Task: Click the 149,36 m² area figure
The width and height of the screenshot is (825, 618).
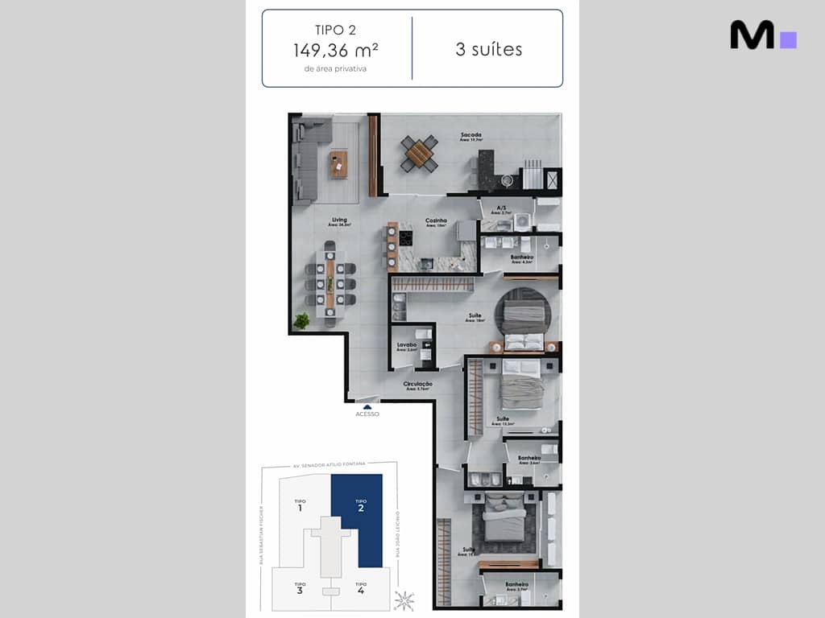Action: pyautogui.click(x=336, y=50)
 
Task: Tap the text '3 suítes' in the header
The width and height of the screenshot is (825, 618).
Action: pyautogui.click(x=488, y=49)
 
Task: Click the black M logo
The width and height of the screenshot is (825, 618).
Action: pyautogui.click(x=752, y=35)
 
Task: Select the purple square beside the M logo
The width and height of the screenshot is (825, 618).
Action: pyautogui.click(x=789, y=39)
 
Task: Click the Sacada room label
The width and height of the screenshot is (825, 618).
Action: pyautogui.click(x=471, y=134)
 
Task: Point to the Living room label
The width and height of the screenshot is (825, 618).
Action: pyautogui.click(x=339, y=220)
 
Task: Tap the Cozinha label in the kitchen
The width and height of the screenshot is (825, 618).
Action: pyautogui.click(x=436, y=220)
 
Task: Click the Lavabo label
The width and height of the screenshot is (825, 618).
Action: pyautogui.click(x=407, y=345)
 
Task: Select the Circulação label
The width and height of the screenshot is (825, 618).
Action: pyautogui.click(x=418, y=384)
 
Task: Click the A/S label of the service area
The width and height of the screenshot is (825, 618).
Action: pyautogui.click(x=501, y=208)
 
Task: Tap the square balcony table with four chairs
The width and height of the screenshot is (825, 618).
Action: pyautogui.click(x=419, y=153)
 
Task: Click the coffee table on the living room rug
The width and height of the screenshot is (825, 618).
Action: pyautogui.click(x=338, y=164)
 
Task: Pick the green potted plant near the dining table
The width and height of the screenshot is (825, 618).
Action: pyautogui.click(x=301, y=321)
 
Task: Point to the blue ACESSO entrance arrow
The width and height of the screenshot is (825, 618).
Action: pyautogui.click(x=367, y=406)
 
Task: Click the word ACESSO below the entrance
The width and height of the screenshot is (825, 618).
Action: pyautogui.click(x=367, y=414)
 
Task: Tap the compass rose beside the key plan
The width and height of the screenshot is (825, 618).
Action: pyautogui.click(x=404, y=600)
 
